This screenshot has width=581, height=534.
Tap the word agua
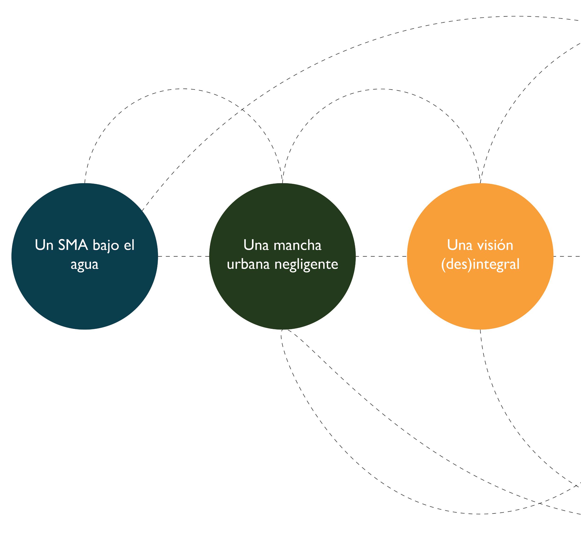(85, 265)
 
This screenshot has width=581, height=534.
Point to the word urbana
(248, 264)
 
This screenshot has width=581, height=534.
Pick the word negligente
(306, 265)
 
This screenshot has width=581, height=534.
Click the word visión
(495, 245)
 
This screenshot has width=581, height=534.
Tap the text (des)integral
(480, 264)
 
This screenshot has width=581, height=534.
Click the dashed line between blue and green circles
(184, 256)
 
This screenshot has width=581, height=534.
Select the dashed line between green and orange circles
(381, 256)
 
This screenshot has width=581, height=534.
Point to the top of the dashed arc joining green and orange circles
(381, 89)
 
